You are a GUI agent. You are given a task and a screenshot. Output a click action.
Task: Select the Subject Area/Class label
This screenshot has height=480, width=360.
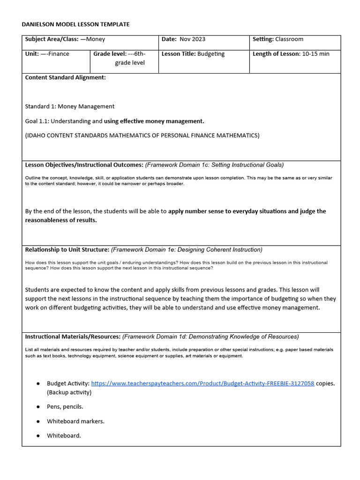click(x=52, y=39)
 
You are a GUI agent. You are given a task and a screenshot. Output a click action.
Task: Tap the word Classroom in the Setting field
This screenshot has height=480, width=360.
click(x=289, y=39)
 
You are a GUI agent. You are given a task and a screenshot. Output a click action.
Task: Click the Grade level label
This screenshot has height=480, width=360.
click(x=110, y=54)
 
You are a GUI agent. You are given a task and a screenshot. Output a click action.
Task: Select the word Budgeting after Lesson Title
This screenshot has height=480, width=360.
click(x=211, y=54)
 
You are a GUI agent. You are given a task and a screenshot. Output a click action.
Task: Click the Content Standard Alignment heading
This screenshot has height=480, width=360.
click(x=65, y=77)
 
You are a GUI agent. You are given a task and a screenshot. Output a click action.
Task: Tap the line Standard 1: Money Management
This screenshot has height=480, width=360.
click(x=69, y=106)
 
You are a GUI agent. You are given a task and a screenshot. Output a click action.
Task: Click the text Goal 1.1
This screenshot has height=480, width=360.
click(x=37, y=121)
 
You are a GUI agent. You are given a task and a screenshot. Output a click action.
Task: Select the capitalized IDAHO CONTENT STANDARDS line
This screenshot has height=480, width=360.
click(x=142, y=135)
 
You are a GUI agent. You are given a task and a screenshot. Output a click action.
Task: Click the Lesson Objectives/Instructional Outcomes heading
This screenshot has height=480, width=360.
click(x=84, y=165)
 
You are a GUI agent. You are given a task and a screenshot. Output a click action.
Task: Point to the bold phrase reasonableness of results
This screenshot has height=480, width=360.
click(x=61, y=220)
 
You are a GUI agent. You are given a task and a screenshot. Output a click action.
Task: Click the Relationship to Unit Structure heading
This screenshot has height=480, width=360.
click(x=67, y=250)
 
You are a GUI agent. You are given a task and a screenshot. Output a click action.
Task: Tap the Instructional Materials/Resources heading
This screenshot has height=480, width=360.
click(x=73, y=337)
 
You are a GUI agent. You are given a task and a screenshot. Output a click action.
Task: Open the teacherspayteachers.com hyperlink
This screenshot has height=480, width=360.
click(x=202, y=383)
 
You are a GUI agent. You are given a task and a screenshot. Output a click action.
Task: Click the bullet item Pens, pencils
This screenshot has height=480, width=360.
click(x=65, y=406)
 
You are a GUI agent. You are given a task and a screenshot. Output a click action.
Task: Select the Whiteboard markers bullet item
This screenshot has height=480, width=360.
click(x=75, y=421)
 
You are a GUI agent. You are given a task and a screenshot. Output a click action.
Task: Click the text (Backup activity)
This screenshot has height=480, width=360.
click(x=69, y=392)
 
